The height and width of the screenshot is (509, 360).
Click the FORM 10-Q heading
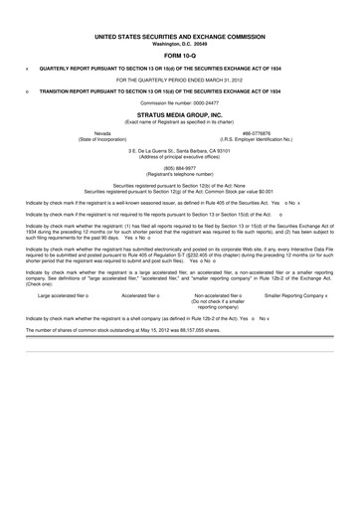(x=180, y=56)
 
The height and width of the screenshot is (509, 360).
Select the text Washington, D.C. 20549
(x=180, y=43)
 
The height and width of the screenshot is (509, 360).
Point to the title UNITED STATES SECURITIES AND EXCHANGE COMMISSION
(x=180, y=36)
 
